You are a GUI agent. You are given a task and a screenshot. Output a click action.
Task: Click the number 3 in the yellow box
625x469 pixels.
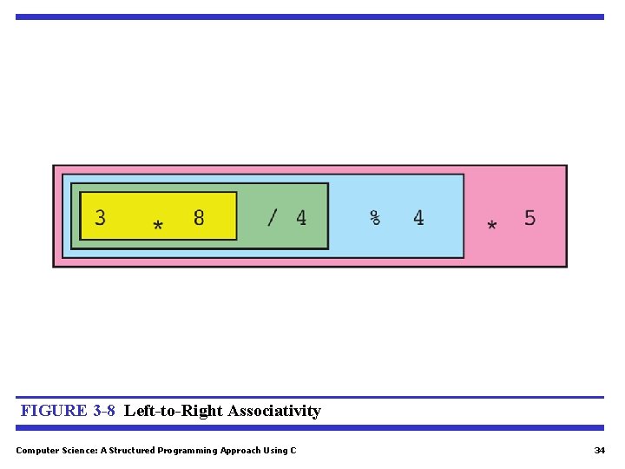(x=101, y=217)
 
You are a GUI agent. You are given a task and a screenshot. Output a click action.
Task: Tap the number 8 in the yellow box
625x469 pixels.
(x=199, y=217)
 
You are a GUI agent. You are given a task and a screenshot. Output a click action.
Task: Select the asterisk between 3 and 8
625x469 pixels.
(x=157, y=226)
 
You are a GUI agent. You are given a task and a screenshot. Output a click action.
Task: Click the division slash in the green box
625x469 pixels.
(x=273, y=217)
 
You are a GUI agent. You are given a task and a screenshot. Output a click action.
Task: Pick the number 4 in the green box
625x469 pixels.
(x=301, y=217)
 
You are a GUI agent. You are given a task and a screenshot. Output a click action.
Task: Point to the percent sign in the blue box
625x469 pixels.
(x=375, y=217)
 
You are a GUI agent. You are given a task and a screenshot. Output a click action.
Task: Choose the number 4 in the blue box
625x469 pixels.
(x=418, y=217)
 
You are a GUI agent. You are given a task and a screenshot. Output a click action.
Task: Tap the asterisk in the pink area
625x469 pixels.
(x=492, y=226)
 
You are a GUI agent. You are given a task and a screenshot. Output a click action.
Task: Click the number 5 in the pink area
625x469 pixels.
(x=530, y=217)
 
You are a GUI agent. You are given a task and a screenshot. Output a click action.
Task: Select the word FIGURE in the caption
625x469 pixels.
(x=54, y=411)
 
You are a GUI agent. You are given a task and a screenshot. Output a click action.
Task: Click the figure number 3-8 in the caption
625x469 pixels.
(x=103, y=411)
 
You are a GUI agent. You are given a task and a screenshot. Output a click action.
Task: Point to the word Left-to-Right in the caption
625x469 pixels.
(x=174, y=411)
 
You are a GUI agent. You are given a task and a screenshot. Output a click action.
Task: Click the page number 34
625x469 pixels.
(x=599, y=450)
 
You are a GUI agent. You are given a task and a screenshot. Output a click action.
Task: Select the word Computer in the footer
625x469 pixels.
(x=36, y=450)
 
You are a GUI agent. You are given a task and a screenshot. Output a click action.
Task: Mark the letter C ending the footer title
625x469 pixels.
(x=293, y=450)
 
